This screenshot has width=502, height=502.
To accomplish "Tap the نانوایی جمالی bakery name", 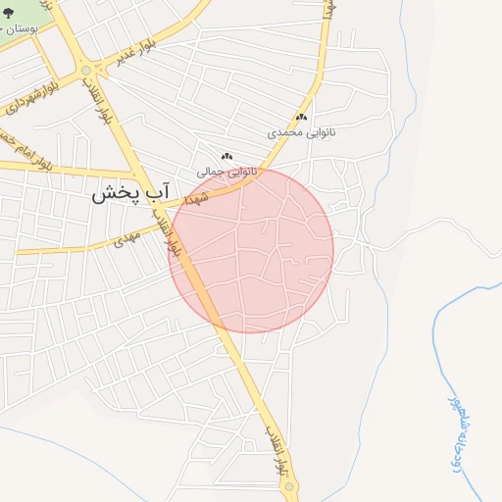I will click(226, 171).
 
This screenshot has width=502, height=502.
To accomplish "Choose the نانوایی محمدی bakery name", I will click(301, 130).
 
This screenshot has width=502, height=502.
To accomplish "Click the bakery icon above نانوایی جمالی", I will click(226, 156).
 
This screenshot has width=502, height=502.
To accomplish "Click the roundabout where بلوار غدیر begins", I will click(86, 70).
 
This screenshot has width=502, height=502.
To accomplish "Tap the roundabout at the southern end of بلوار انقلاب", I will click(289, 487).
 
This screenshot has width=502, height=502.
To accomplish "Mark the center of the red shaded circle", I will click(252, 250).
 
